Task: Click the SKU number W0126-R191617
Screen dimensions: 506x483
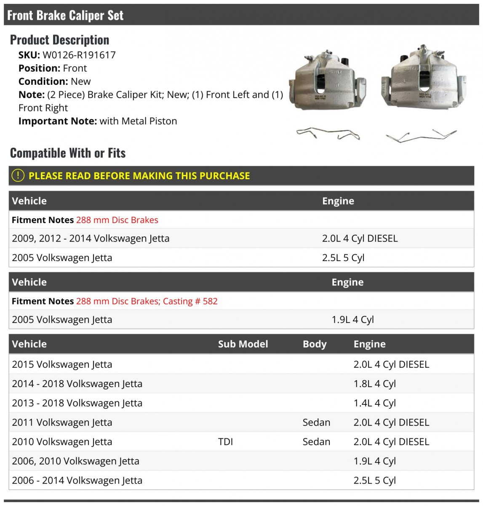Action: tap(79, 55)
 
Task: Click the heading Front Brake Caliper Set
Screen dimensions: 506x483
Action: tap(65, 16)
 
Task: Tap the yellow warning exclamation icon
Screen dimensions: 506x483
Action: tap(18, 175)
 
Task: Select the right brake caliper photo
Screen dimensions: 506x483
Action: tap(423, 78)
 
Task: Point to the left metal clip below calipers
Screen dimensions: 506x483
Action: tap(328, 134)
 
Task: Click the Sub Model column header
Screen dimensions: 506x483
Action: tap(243, 344)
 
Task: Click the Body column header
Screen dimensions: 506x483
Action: tap(314, 344)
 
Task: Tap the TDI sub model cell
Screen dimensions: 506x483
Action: tap(225, 442)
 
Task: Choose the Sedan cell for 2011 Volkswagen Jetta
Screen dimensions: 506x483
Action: tap(316, 423)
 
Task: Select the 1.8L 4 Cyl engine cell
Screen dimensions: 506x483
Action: tap(374, 384)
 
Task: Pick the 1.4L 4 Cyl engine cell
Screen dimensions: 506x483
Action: tap(374, 403)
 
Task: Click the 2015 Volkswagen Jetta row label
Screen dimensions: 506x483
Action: tap(62, 364)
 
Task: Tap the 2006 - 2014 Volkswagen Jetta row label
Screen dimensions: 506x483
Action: tap(77, 480)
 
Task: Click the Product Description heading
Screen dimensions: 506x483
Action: tap(59, 40)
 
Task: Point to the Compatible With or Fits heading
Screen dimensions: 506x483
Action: tap(68, 153)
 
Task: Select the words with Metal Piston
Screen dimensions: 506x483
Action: tap(138, 121)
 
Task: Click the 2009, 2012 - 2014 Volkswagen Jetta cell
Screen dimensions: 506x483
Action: tap(91, 238)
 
